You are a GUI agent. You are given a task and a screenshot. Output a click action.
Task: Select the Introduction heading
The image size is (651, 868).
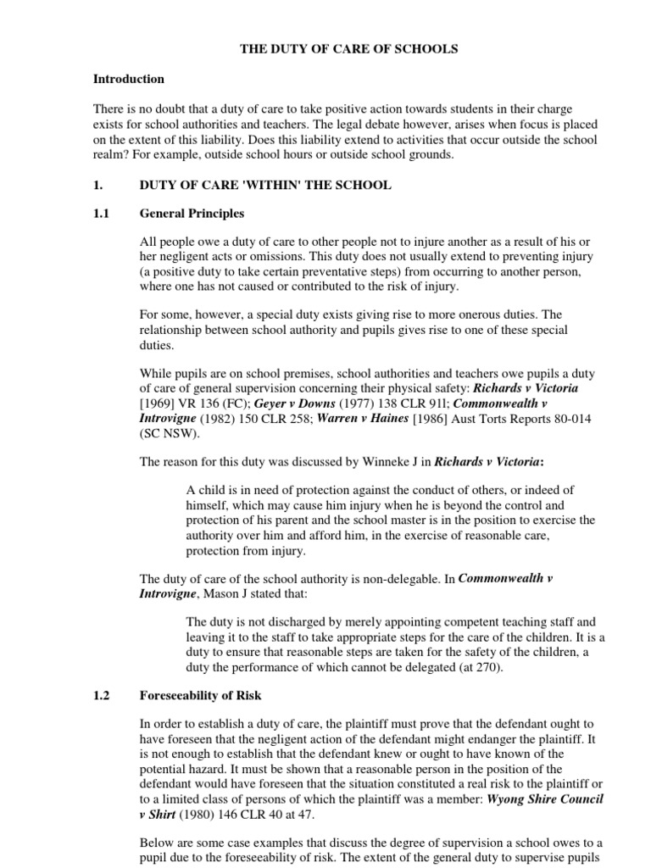128,79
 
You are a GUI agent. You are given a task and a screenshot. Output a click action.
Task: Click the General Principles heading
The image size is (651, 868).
192,214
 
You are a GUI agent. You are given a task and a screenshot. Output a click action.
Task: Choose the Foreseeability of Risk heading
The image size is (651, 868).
200,695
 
